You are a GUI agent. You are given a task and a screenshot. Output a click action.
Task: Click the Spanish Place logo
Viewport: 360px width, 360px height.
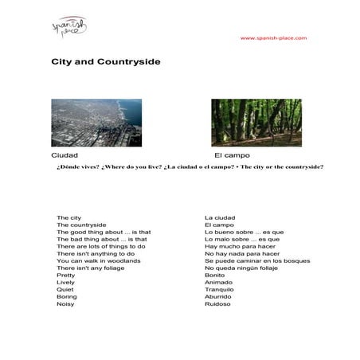(69, 29)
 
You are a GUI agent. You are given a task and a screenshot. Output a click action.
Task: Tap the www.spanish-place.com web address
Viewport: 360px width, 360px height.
(273, 38)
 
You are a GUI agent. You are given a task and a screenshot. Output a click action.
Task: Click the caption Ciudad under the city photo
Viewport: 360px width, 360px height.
(65, 155)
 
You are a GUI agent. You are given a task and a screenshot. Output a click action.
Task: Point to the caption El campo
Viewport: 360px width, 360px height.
(231, 155)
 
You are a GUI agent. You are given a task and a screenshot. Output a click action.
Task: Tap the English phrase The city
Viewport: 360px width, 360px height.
(68, 217)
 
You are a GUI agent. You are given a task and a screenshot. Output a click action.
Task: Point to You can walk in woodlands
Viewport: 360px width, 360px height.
(99, 260)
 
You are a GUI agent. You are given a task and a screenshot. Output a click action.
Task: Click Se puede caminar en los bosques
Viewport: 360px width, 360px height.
(257, 260)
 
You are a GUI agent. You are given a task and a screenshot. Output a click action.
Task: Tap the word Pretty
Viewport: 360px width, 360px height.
(65, 275)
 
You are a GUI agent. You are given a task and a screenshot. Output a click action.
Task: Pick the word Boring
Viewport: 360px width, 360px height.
(67, 296)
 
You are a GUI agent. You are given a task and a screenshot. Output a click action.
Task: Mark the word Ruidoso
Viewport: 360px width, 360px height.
(217, 303)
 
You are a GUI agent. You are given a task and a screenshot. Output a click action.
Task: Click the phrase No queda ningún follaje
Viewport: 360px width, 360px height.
(242, 268)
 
